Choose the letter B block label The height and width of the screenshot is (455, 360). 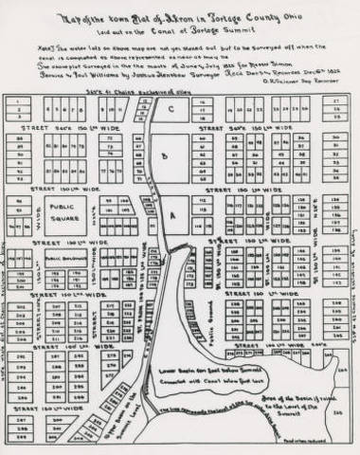[166, 152]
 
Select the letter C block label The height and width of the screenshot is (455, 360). [171, 108]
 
